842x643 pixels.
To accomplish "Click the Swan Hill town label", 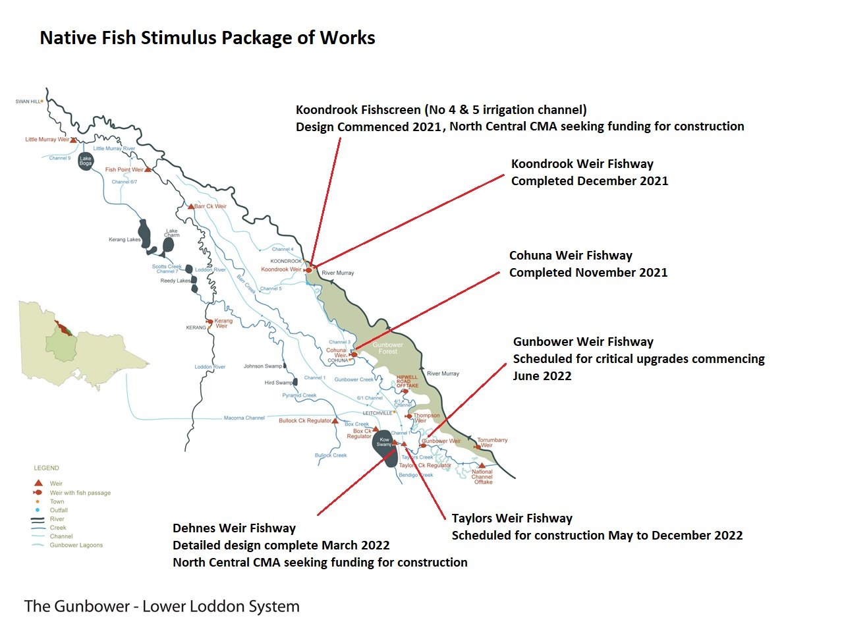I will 28,101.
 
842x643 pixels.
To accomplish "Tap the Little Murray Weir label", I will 47,140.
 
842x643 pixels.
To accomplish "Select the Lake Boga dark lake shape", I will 86,161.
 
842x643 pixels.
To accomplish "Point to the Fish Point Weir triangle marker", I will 148,169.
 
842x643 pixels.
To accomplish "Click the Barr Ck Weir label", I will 210,206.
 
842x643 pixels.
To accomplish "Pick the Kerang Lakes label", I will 125,240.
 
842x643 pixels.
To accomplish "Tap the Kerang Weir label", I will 223,323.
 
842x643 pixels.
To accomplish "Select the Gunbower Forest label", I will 387,348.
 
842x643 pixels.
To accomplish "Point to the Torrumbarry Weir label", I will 492,442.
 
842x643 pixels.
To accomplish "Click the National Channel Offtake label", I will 482,476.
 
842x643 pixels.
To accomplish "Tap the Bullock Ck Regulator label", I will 304,420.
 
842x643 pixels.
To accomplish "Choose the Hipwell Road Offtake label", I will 407,381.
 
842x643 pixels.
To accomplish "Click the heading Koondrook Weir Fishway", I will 582,164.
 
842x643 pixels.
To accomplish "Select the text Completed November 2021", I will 588,273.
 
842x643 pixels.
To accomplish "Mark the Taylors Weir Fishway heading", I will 512,518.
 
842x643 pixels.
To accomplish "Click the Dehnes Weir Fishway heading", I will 234,528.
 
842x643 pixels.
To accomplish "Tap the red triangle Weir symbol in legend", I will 38,483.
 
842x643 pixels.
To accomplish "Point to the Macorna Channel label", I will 244,418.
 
